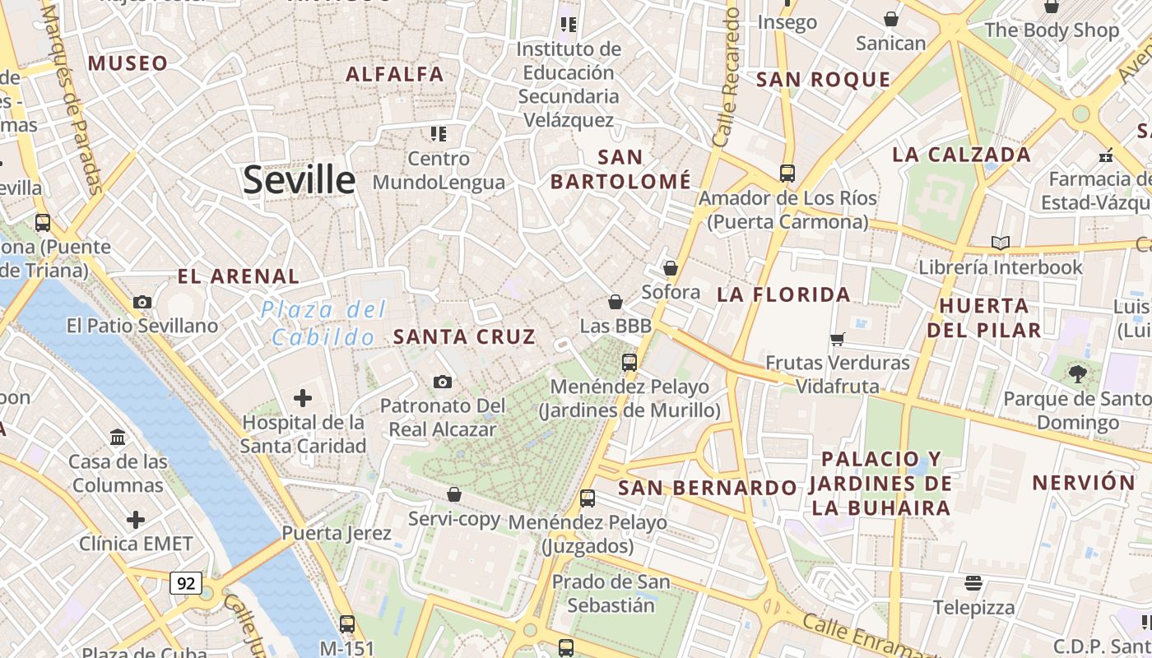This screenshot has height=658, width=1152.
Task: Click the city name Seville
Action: [299, 179]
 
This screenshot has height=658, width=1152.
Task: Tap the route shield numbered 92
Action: [186, 583]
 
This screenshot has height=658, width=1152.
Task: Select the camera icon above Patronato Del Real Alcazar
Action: [443, 382]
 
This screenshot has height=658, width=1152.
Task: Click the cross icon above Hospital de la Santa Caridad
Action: [303, 398]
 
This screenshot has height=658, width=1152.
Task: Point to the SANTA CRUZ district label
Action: [464, 336]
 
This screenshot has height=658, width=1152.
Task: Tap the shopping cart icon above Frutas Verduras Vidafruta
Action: [838, 339]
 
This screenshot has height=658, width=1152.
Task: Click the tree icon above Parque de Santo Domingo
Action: [1077, 375]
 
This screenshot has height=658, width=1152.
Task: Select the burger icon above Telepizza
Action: [973, 583]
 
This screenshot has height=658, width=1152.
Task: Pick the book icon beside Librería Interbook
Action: [1001, 243]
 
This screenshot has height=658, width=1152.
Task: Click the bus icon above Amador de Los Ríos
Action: [787, 174]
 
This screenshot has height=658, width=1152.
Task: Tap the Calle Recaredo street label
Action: [726, 78]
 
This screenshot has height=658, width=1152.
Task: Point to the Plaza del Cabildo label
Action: [323, 323]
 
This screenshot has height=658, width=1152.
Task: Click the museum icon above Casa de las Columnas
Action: [118, 437]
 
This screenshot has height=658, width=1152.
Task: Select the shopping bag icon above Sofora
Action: [671, 268]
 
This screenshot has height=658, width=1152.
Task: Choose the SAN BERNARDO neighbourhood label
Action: [708, 488]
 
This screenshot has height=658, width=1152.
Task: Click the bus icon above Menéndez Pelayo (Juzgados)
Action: [588, 498]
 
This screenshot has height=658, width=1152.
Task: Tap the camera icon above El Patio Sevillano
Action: [142, 302]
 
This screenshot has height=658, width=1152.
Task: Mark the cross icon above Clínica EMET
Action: [136, 520]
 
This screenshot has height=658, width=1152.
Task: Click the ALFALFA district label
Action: [395, 74]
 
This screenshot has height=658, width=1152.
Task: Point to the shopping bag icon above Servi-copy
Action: [454, 494]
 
